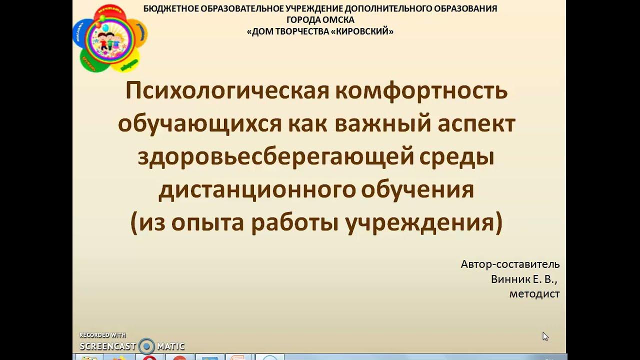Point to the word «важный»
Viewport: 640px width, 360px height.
378,124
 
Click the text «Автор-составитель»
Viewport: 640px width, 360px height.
510,264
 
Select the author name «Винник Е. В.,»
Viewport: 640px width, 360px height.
524,279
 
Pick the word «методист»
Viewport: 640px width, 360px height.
534,294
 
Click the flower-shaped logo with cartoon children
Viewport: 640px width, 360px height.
110,37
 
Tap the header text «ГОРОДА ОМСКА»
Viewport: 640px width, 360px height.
320,20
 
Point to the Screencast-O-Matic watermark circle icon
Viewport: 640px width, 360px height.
146,345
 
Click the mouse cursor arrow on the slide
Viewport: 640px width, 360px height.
545,336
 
